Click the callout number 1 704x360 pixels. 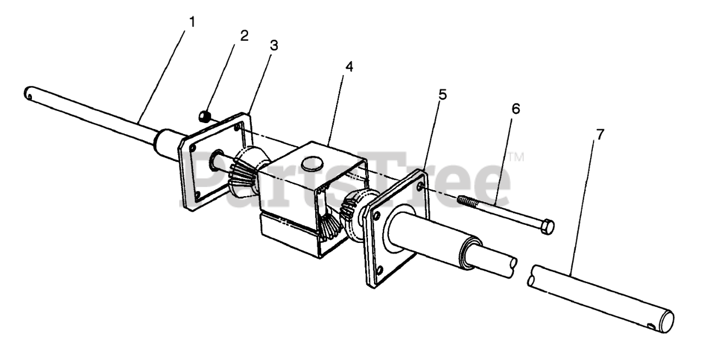(x=192, y=23)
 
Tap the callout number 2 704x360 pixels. (x=244, y=36)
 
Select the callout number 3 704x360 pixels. (x=273, y=46)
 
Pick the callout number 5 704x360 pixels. (x=443, y=94)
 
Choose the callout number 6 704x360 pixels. (x=515, y=109)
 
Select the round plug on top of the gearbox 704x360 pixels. (x=313, y=163)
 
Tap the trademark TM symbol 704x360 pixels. (x=515, y=157)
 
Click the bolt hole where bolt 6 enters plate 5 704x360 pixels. (x=421, y=187)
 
